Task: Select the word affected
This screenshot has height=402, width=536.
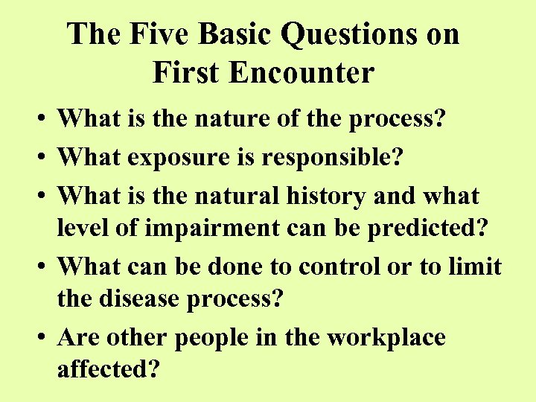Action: pyautogui.click(x=109, y=369)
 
